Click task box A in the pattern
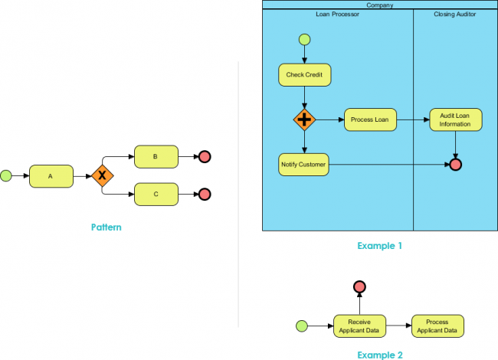click(51, 176)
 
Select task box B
click(156, 157)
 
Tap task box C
click(156, 195)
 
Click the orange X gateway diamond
click(101, 176)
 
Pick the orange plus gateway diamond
click(304, 119)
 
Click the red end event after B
click(205, 157)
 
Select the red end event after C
click(205, 195)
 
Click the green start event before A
click(7, 176)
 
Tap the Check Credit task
click(304, 74)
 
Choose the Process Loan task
click(370, 119)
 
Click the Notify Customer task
click(304, 164)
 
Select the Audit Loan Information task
click(455, 119)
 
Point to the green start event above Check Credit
click(304, 40)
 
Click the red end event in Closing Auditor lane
click(456, 164)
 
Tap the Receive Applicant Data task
click(359, 326)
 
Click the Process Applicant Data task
click(437, 326)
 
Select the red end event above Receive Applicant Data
click(359, 287)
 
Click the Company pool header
click(380, 5)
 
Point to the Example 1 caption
click(380, 246)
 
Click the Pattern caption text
click(106, 227)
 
